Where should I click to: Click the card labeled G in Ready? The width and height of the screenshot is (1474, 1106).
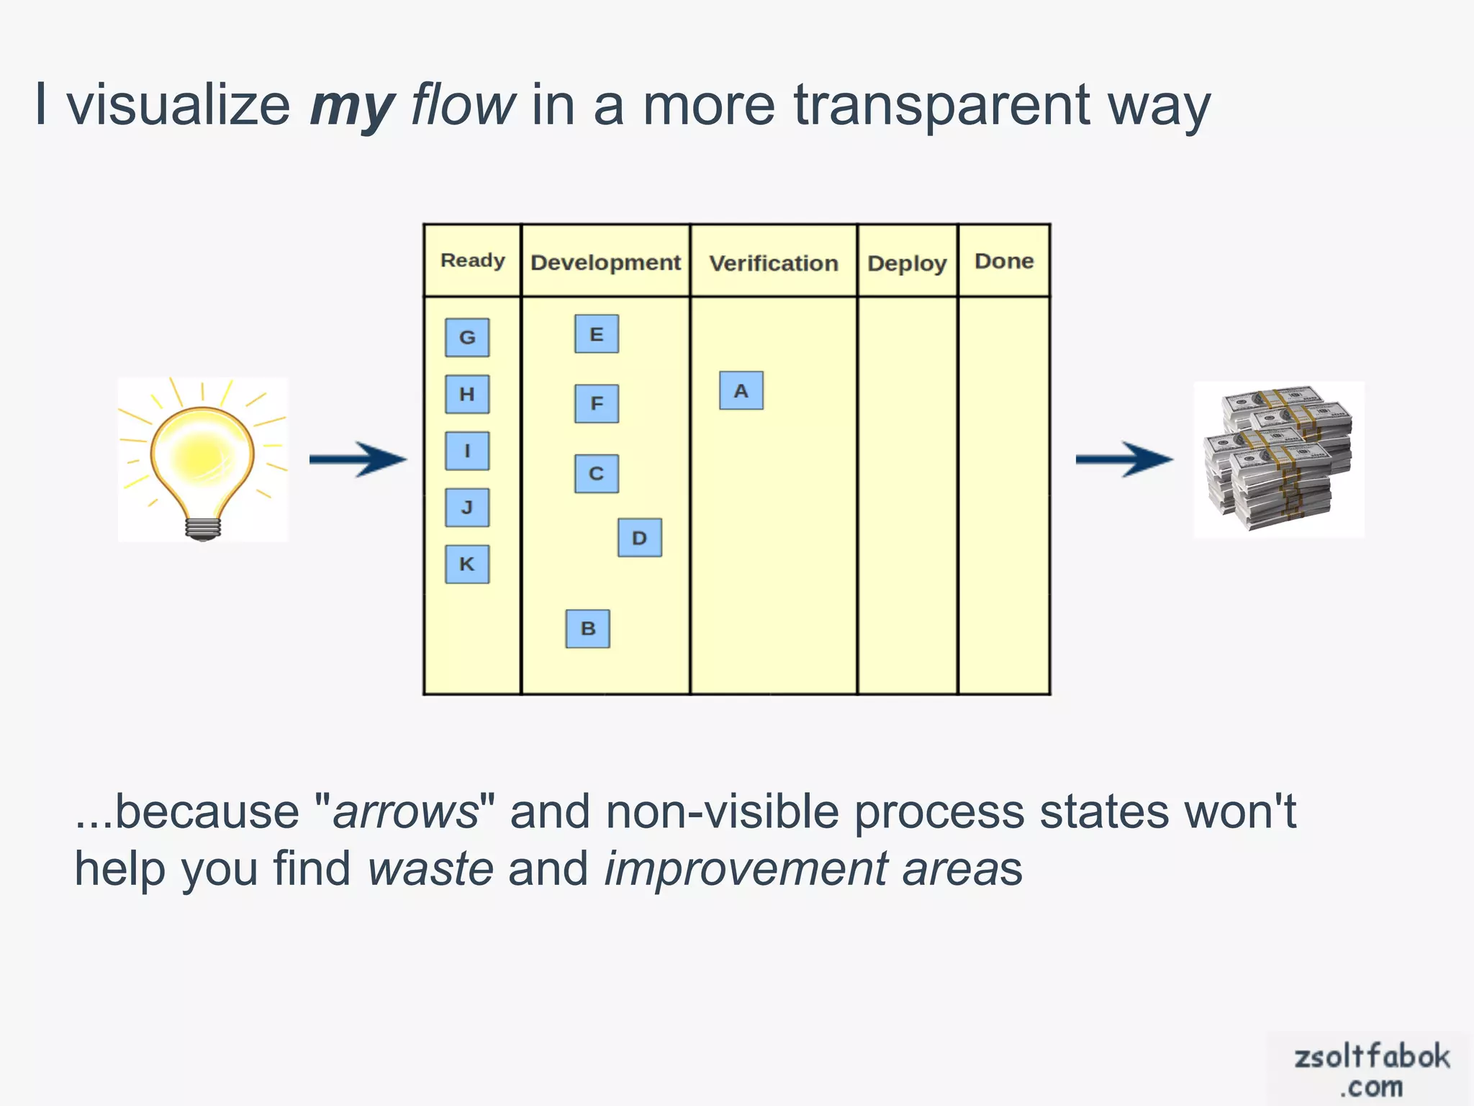pyautogui.click(x=467, y=337)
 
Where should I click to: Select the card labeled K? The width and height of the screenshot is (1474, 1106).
pyautogui.click(x=467, y=564)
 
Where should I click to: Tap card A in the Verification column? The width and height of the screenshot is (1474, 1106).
pyautogui.click(x=741, y=391)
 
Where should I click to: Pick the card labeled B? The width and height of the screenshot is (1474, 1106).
pyautogui.click(x=588, y=629)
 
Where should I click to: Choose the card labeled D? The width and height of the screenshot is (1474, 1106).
pyautogui.click(x=640, y=538)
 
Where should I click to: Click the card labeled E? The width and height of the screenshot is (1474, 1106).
pyautogui.click(x=597, y=334)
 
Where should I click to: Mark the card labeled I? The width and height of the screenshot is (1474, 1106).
pyautogui.click(x=467, y=451)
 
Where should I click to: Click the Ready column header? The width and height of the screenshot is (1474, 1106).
pyautogui.click(x=472, y=260)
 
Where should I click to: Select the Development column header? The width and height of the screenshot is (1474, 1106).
pyautogui.click(x=605, y=262)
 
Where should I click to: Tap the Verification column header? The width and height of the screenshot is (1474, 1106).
pyautogui.click(x=774, y=263)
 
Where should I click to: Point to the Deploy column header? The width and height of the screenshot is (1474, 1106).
pyautogui.click(x=907, y=264)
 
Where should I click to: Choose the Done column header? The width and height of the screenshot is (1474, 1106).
pyautogui.click(x=1004, y=261)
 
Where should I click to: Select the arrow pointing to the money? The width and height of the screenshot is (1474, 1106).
pyautogui.click(x=1123, y=459)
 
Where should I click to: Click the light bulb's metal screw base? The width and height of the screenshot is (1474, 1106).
pyautogui.click(x=203, y=529)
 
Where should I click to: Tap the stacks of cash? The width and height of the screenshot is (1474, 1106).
pyautogui.click(x=1278, y=459)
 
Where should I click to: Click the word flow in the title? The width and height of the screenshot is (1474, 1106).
pyautogui.click(x=463, y=105)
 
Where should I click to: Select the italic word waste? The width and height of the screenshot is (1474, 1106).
pyautogui.click(x=430, y=868)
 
